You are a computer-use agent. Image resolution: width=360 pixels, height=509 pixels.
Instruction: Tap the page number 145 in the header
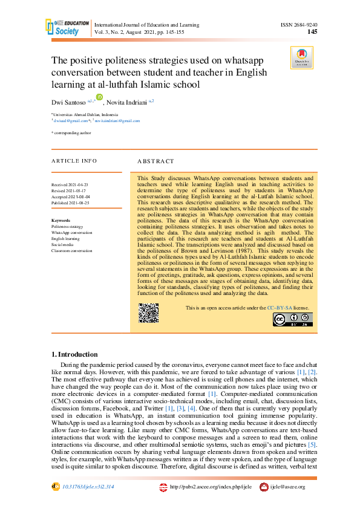pyautogui.click(x=312, y=32)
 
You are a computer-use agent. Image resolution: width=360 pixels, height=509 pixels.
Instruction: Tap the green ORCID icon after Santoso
pyautogui.click(x=100, y=97)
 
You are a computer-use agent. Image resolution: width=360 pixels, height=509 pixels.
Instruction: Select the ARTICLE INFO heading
pyautogui.click(x=74, y=161)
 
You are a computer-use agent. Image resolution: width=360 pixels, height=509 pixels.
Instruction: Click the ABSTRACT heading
pyautogui.click(x=155, y=162)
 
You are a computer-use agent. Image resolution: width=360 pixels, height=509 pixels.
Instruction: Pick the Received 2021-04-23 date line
pyautogui.click(x=70, y=183)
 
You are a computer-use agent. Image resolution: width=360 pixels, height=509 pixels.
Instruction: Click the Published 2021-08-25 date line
pyautogui.click(x=71, y=203)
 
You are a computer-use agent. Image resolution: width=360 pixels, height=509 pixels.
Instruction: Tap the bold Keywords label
pyautogui.click(x=61, y=221)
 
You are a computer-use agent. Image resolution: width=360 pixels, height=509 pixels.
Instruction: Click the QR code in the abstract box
pyautogui.click(x=148, y=312)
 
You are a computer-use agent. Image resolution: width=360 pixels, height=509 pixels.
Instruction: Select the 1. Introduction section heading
pyautogui.click(x=74, y=354)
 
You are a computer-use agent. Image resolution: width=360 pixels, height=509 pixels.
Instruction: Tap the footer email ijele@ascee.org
pyautogui.click(x=287, y=487)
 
